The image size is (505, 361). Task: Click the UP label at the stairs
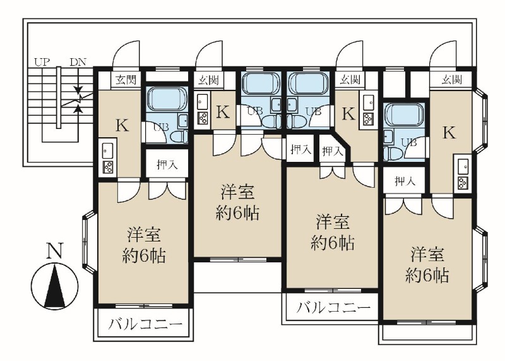point(42,62)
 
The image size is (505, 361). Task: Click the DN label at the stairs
point(78,62)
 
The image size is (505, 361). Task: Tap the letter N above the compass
point(55,250)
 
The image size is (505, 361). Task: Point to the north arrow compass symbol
point(55,285)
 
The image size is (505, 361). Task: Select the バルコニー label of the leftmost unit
point(145,324)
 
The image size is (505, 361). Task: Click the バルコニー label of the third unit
point(333,308)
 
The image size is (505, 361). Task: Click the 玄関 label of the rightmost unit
point(452,80)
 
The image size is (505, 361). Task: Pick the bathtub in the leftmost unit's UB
point(167,100)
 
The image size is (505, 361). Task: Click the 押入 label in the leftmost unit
point(167,165)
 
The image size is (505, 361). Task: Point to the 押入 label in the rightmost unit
point(405,181)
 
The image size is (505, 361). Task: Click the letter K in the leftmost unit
point(122,125)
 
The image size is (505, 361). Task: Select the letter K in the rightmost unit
point(449,132)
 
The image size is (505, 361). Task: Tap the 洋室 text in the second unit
point(238,192)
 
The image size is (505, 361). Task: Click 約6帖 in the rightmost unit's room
point(427,275)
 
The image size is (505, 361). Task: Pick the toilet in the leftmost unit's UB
point(180,137)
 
